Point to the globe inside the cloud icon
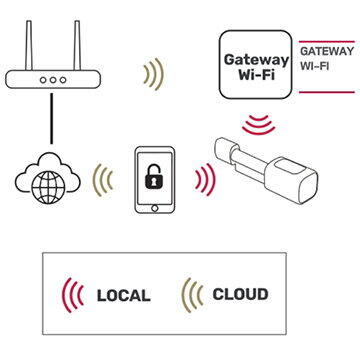pyautogui.click(x=47, y=185)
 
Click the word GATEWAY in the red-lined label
pyautogui.click(x=326, y=49)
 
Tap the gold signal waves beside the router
pyautogui.click(x=153, y=73)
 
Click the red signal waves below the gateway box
pyautogui.click(x=260, y=123)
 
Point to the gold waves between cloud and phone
pyautogui.click(x=102, y=179)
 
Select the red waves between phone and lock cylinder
pyautogui.click(x=206, y=180)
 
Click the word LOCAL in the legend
pyautogui.click(x=124, y=295)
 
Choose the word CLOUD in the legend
pyautogui.click(x=240, y=295)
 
